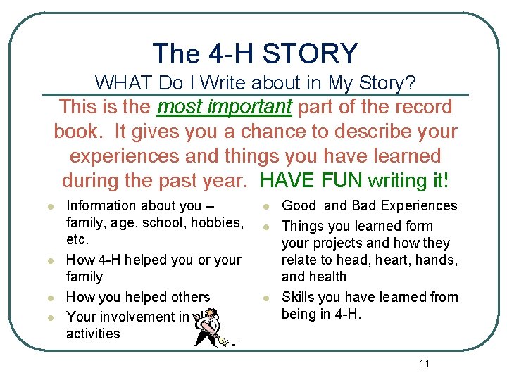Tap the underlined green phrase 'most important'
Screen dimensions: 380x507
tap(225, 107)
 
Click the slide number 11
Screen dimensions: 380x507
tap(424, 363)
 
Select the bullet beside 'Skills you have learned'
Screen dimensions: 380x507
tap(267, 298)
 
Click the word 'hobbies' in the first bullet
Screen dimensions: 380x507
tap(216, 222)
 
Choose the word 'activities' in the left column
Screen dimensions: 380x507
tap(93, 334)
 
